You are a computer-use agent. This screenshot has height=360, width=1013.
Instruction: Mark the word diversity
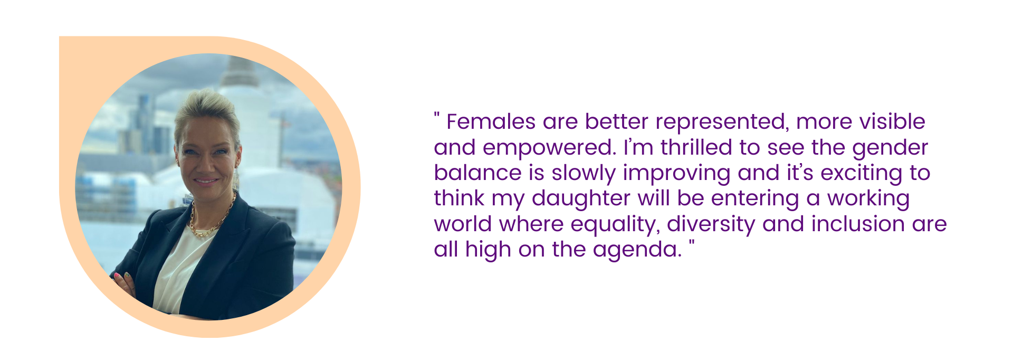[711, 225]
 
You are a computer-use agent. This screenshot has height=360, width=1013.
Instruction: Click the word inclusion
[858, 224]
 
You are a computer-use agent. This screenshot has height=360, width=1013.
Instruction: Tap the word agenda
[637, 250]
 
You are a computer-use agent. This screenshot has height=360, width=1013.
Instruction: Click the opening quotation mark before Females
[437, 116]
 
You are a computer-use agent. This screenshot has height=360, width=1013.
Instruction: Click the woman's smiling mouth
[205, 181]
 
